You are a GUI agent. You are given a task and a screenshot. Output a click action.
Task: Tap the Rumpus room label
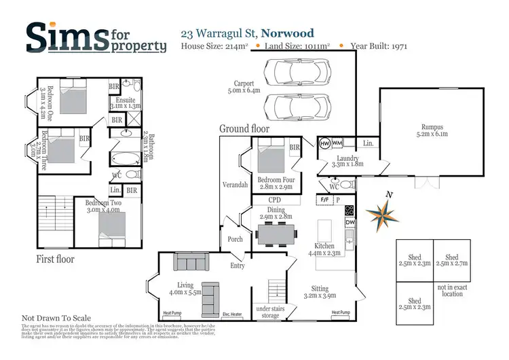(432, 129)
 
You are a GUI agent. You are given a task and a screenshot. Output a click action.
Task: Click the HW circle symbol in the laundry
(324, 143)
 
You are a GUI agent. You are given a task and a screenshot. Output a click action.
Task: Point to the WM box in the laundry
(337, 143)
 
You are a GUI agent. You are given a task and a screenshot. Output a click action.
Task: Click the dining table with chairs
(276, 234)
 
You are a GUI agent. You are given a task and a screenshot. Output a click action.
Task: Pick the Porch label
(235, 239)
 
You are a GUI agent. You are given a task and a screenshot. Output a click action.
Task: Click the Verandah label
(235, 185)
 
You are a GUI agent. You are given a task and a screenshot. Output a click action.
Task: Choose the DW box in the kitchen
(350, 222)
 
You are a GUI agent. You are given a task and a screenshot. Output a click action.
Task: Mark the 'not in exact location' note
(452, 291)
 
